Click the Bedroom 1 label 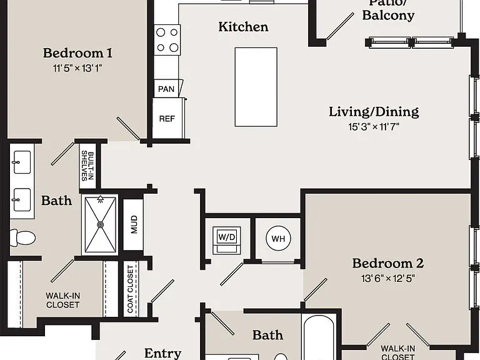[77, 53]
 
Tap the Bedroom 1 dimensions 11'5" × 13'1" [77, 68]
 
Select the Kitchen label [243, 27]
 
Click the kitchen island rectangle [256, 87]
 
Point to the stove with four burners [167, 40]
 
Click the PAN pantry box [167, 89]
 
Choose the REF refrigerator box [167, 119]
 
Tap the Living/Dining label [374, 112]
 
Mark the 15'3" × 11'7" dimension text [374, 126]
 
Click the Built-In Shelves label [87, 166]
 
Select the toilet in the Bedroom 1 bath [22, 238]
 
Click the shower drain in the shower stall [100, 225]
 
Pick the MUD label [134, 224]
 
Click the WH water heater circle [278, 238]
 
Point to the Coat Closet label [131, 289]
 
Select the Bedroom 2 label [388, 263]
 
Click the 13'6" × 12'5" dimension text [388, 279]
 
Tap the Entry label [162, 353]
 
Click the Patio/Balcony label [388, 10]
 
